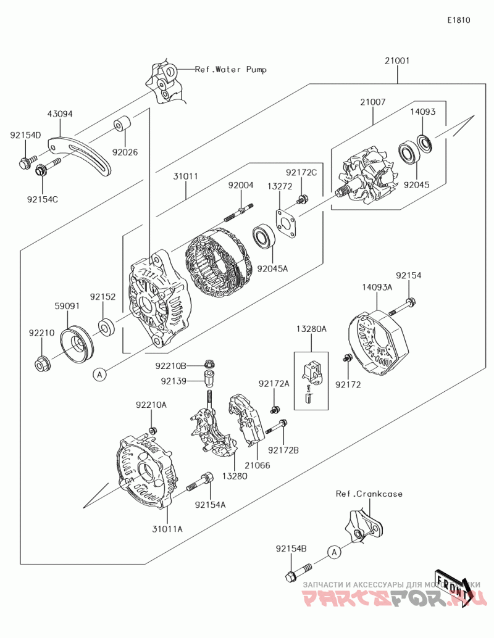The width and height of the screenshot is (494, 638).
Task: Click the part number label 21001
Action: (397, 62)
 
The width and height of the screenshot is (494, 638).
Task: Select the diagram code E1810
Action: (459, 20)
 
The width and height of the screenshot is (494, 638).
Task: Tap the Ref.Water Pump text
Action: (231, 70)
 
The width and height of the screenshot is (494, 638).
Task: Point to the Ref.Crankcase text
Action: (369, 494)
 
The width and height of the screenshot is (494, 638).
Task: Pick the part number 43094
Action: (61, 114)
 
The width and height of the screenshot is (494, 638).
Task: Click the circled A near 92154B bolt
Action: (333, 552)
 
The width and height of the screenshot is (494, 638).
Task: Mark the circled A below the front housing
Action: (99, 373)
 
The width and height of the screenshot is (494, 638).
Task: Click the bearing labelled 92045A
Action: (264, 238)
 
